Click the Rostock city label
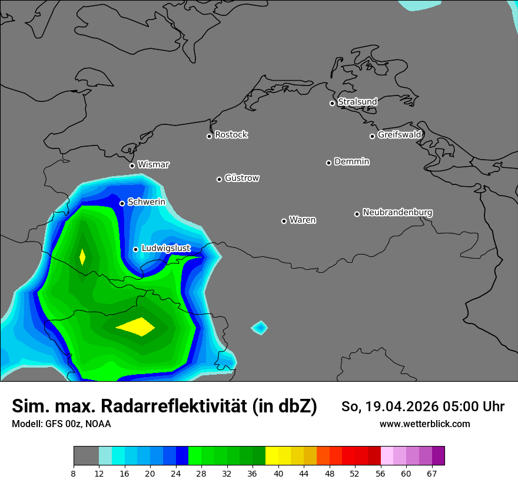pyautogui.click(x=231, y=135)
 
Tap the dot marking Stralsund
pyautogui.click(x=332, y=103)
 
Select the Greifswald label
pyautogui.click(x=399, y=135)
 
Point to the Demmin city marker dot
pyautogui.click(x=328, y=163)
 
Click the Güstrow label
pyautogui.click(x=241, y=178)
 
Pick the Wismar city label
pyautogui.click(x=153, y=165)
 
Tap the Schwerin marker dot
pyautogui.click(x=122, y=203)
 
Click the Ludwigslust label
pyautogui.click(x=165, y=249)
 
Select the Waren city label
pyautogui.click(x=303, y=220)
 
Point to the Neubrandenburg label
pyautogui.click(x=397, y=212)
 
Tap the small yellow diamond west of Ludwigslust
pyautogui.click(x=82, y=257)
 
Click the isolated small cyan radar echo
pyautogui.click(x=260, y=327)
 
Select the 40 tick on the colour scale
pyautogui.click(x=278, y=473)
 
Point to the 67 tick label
pyautogui.click(x=432, y=473)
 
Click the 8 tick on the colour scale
pyautogui.click(x=74, y=473)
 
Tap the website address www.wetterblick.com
pyautogui.click(x=424, y=424)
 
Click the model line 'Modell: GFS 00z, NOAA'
pyautogui.click(x=61, y=424)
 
